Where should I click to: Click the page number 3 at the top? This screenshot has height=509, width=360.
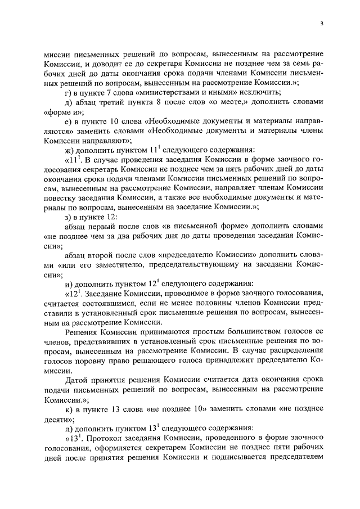(321, 24)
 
